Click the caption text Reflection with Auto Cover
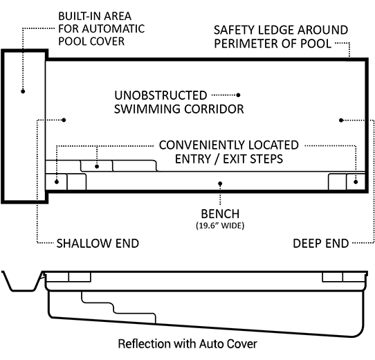[x=187, y=343]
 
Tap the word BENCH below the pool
[x=220, y=214]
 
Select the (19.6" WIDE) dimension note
[x=220, y=226]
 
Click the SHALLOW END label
[x=98, y=244]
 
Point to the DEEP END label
[x=321, y=244]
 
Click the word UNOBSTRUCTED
[x=161, y=96]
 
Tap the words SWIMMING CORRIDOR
[x=179, y=109]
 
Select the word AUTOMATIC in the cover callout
[x=113, y=28]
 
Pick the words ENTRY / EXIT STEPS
[x=229, y=159]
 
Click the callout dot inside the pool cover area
[x=23, y=91]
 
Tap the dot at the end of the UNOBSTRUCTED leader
[x=238, y=95]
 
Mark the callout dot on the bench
[x=220, y=183]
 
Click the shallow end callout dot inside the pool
[x=64, y=120]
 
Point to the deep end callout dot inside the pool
[x=341, y=120]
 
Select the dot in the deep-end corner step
[x=356, y=182]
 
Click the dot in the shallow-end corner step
[x=57, y=182]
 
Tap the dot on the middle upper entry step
[x=97, y=166]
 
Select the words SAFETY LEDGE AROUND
[x=281, y=30]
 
